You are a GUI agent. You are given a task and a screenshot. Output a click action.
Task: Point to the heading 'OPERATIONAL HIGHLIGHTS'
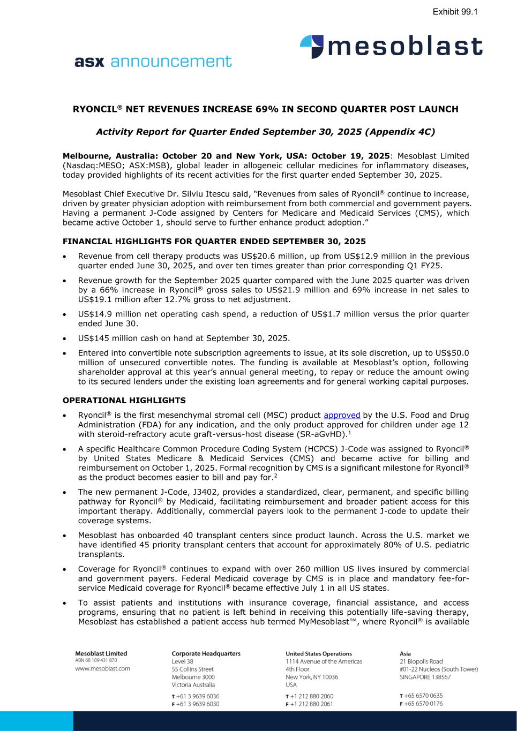[x=124, y=400]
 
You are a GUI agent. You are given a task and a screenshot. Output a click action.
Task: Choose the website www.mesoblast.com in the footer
[x=102, y=668]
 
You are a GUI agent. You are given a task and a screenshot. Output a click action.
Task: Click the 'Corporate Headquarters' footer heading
[x=206, y=653]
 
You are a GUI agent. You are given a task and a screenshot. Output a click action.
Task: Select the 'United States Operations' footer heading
[x=319, y=653]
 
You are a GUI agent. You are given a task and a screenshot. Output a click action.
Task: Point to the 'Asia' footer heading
[x=406, y=653]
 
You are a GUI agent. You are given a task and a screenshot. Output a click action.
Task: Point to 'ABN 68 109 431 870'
[x=96, y=660]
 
